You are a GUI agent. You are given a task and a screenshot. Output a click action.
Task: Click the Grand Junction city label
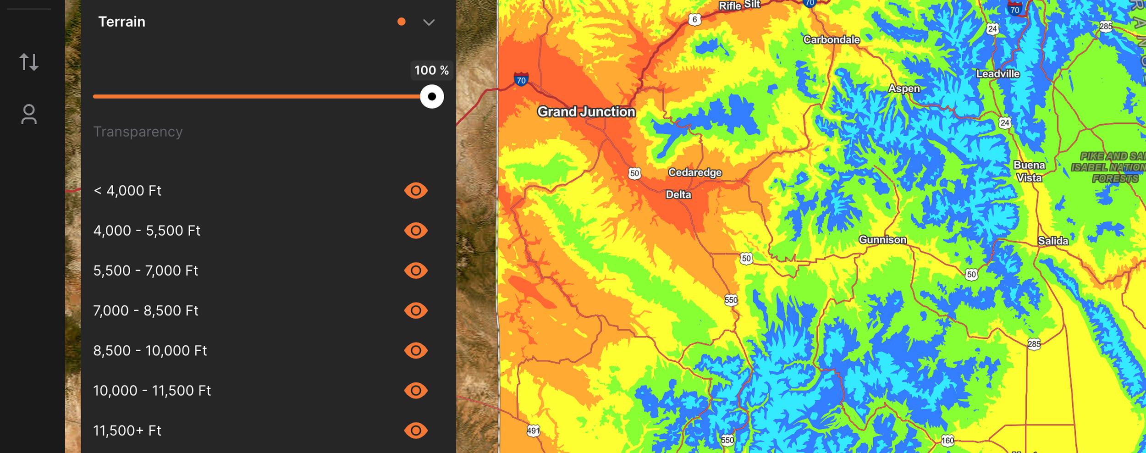(x=586, y=112)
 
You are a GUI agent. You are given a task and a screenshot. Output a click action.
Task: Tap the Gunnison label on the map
(x=882, y=240)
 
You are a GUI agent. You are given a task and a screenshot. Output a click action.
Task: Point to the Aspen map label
(x=904, y=88)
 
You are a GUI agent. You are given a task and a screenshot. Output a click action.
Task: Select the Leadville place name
(x=997, y=74)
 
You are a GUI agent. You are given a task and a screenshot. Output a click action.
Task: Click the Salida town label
(x=1053, y=241)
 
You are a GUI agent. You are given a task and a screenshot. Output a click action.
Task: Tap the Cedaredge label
(x=694, y=173)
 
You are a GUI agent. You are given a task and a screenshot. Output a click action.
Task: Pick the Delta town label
(x=678, y=195)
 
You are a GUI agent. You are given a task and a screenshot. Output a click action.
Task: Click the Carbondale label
(x=831, y=40)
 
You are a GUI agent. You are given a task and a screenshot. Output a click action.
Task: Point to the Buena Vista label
(x=1029, y=171)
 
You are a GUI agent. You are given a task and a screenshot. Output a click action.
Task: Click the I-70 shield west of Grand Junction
(x=521, y=80)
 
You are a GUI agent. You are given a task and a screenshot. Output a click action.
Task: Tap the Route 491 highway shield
(x=533, y=431)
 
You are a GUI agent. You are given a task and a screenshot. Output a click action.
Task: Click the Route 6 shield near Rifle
(x=694, y=20)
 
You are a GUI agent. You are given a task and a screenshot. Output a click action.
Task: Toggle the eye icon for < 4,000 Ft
(x=416, y=191)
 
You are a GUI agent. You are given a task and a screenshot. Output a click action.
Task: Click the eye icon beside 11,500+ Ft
(x=416, y=431)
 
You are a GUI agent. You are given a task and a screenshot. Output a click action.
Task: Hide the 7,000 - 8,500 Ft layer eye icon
(x=416, y=311)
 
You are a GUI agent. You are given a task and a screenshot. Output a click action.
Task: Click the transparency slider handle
(x=432, y=97)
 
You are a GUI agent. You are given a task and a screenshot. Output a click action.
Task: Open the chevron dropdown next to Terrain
(x=429, y=22)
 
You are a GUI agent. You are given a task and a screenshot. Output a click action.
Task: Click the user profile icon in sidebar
(x=29, y=115)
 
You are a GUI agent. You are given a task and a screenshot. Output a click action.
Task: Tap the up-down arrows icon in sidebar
(x=29, y=62)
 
